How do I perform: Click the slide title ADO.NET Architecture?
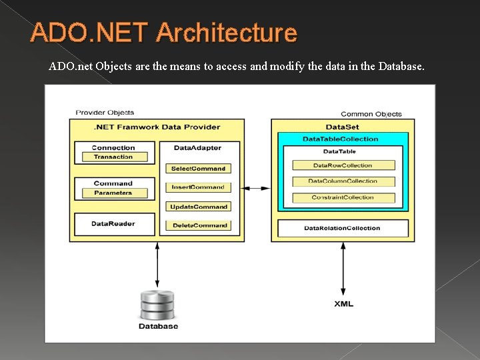pyautogui.click(x=164, y=33)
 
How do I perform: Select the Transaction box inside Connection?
pyautogui.click(x=113, y=157)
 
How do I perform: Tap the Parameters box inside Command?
pyautogui.click(x=113, y=193)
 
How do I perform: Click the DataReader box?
pyautogui.click(x=113, y=224)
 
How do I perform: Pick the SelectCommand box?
pyautogui.click(x=198, y=169)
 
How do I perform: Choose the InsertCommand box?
pyautogui.click(x=198, y=187)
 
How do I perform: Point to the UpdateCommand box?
pyautogui.click(x=198, y=207)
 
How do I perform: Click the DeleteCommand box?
pyautogui.click(x=198, y=225)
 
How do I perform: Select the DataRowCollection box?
pyautogui.click(x=343, y=165)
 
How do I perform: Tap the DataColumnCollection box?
pyautogui.click(x=343, y=181)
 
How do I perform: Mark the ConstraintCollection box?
pyautogui.click(x=343, y=197)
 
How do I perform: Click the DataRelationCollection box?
pyautogui.click(x=342, y=228)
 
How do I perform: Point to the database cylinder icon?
pyautogui.click(x=158, y=305)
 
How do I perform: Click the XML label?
pyautogui.click(x=343, y=304)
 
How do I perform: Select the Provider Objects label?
pyautogui.click(x=105, y=113)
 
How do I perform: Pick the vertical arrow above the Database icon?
pyautogui.click(x=157, y=265)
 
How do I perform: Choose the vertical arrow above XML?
pyautogui.click(x=343, y=268)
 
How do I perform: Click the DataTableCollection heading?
pyautogui.click(x=340, y=139)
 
